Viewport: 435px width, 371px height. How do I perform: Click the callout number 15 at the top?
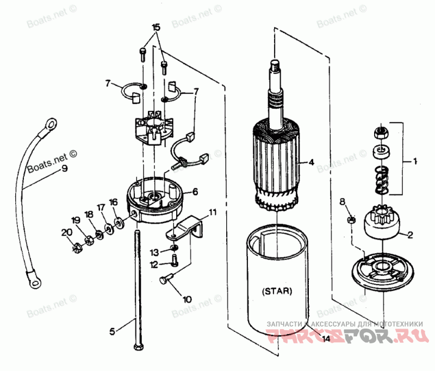click(156, 27)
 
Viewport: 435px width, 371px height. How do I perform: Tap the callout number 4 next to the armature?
click(312, 162)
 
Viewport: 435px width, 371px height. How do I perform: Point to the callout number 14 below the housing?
click(326, 339)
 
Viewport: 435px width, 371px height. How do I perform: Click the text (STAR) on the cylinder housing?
click(277, 291)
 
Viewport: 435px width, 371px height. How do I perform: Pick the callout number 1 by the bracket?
click(415, 161)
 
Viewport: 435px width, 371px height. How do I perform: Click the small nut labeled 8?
click(352, 221)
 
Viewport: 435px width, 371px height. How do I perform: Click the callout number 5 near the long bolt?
click(113, 330)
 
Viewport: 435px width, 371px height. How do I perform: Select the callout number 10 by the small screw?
click(187, 299)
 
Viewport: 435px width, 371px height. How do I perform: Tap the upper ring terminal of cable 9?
click(50, 123)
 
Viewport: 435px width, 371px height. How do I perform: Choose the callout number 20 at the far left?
click(66, 232)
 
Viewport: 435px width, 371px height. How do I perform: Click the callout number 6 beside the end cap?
click(194, 191)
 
